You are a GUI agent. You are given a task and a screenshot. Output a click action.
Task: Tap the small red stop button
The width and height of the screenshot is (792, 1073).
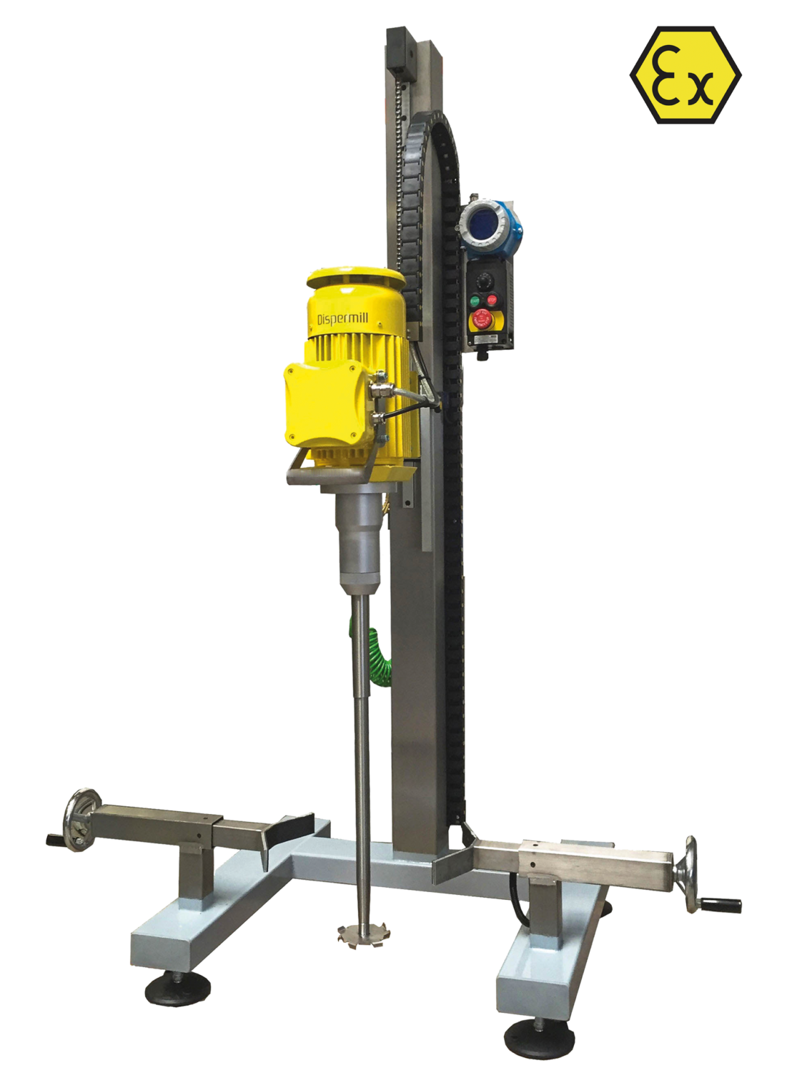(x=491, y=300)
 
